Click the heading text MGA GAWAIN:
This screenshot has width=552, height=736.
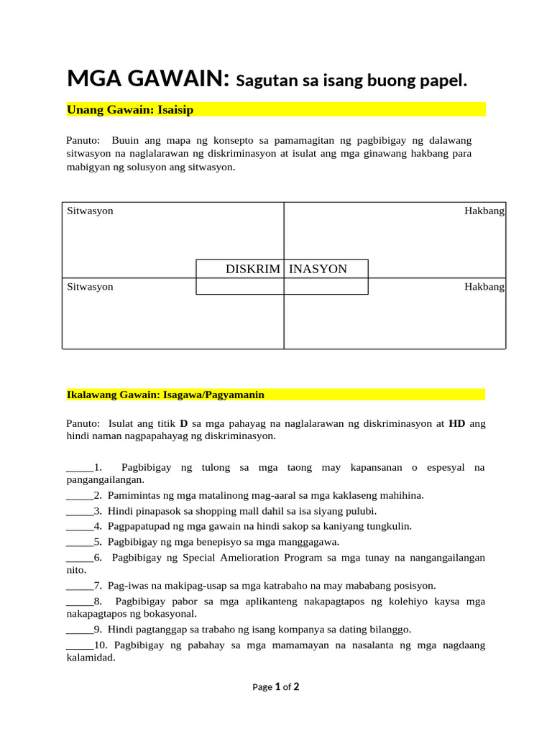click(148, 78)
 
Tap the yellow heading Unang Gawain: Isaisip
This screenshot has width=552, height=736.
click(130, 109)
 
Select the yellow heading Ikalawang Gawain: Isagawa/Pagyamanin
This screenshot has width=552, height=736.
click(165, 395)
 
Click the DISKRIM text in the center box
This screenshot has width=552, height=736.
click(252, 269)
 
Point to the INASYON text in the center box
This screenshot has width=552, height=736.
click(318, 269)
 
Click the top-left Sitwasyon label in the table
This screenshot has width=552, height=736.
click(90, 211)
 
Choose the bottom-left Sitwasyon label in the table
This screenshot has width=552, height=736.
click(90, 287)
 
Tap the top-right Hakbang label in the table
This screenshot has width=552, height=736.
click(484, 211)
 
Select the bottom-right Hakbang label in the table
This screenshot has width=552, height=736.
click(484, 287)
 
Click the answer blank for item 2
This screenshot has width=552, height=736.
click(79, 496)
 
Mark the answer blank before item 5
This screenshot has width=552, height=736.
click(79, 542)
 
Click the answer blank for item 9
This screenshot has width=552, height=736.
click(79, 630)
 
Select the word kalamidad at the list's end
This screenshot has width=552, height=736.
click(91, 658)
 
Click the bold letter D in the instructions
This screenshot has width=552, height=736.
click(183, 423)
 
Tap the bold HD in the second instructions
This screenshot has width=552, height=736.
click(457, 423)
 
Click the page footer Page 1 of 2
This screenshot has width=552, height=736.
click(275, 686)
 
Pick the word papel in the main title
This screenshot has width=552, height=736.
click(445, 80)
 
